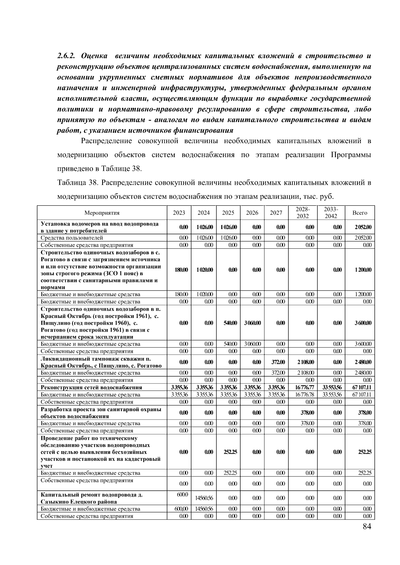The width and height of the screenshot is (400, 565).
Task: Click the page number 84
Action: click(367, 527)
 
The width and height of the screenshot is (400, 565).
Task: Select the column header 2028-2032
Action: click(303, 212)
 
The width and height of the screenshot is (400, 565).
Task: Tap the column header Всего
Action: click(360, 213)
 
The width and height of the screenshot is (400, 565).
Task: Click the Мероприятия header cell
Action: click(102, 213)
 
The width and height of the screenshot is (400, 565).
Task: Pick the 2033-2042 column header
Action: click(331, 212)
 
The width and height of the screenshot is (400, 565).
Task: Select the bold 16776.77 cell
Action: click(303, 387)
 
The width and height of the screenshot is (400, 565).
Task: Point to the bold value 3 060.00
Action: click(252, 323)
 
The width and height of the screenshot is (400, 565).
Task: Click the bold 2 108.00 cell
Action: click(303, 362)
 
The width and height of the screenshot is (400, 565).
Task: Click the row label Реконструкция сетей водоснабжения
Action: click(91, 387)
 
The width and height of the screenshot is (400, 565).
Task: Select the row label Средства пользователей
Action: click(72, 238)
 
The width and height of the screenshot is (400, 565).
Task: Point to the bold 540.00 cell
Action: click(228, 323)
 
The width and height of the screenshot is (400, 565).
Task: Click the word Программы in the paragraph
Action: click(351, 155)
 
